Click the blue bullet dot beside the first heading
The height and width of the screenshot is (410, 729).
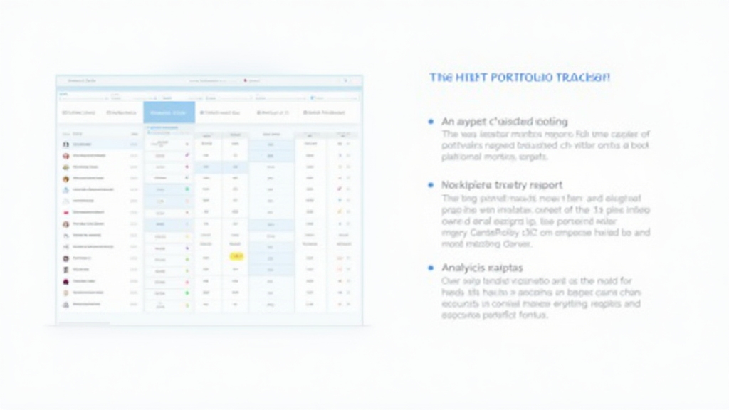(x=431, y=122)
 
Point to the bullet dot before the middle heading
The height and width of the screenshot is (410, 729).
(x=431, y=185)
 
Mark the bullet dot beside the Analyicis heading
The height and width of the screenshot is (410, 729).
(x=431, y=268)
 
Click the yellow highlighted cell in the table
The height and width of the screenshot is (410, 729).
(x=236, y=256)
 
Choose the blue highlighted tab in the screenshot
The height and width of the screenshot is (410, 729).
(x=169, y=112)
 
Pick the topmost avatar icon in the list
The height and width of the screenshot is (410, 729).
(x=65, y=144)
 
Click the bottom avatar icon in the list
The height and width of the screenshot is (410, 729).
(x=65, y=303)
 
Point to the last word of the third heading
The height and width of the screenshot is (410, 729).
(x=505, y=268)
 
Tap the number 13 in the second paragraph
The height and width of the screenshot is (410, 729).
(x=599, y=211)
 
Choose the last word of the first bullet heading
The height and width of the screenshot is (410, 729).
(x=549, y=122)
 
